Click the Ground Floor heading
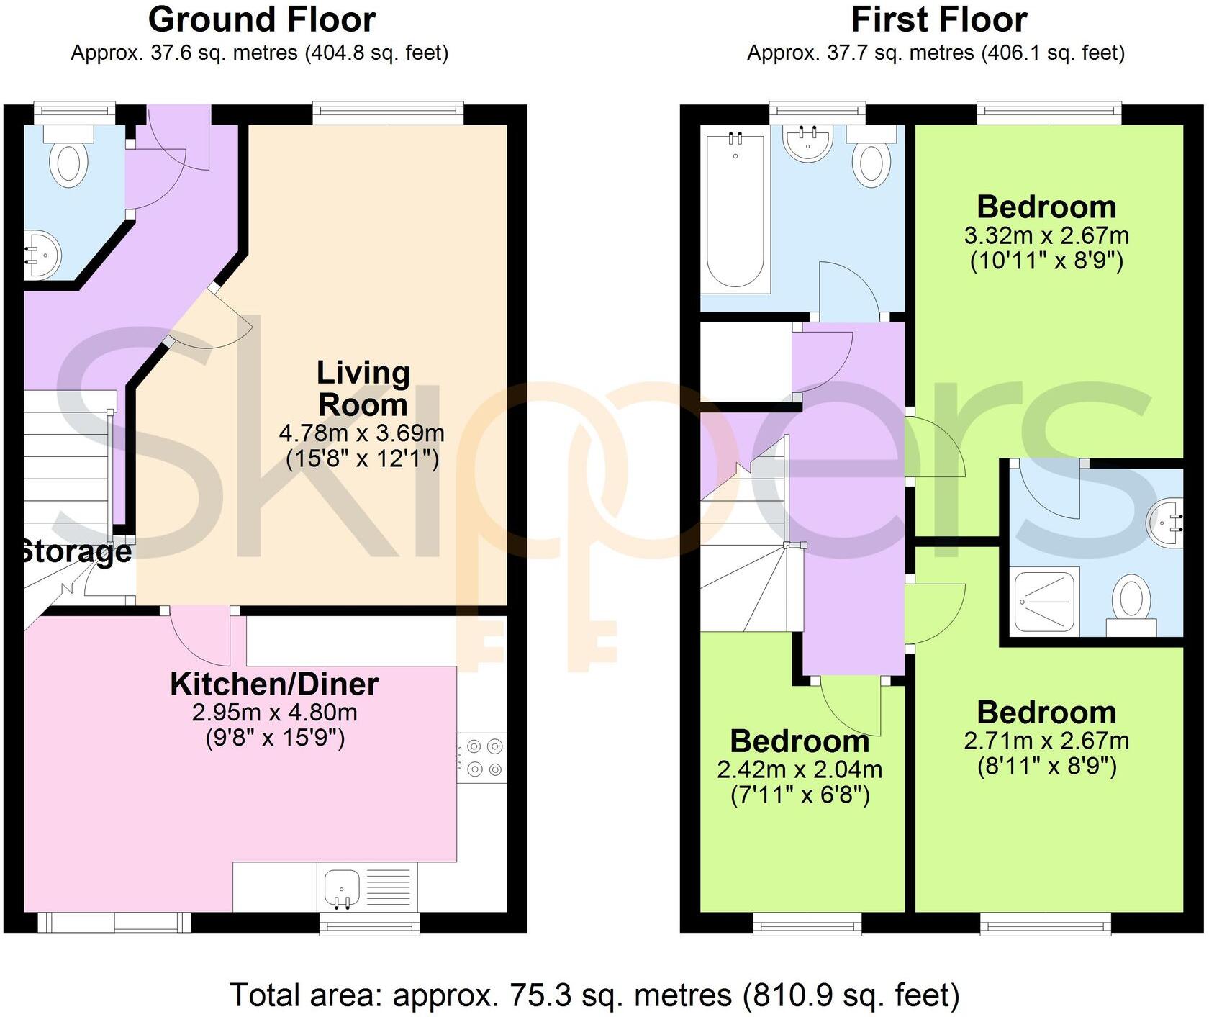point(261,19)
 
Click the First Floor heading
point(938,19)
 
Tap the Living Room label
point(363,389)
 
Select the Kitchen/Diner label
point(274,684)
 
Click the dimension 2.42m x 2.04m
point(800,769)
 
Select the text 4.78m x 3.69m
point(361,433)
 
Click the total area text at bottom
point(594,995)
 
